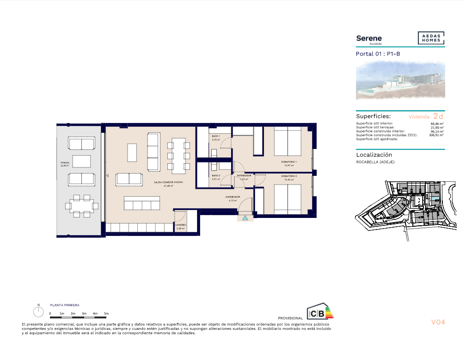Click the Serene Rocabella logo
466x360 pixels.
click(369, 39)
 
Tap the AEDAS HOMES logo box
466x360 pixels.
click(431, 38)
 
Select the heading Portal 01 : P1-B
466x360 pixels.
click(378, 54)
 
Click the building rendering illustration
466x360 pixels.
click(400, 81)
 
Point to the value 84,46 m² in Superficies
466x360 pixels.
click(436, 124)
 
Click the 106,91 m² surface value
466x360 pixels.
click(436, 135)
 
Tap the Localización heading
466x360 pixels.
click(374, 155)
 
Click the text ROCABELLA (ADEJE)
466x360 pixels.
click(375, 162)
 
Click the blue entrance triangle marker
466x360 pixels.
click(245, 216)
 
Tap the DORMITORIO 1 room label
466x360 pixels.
click(288, 162)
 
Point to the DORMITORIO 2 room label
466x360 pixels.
click(288, 176)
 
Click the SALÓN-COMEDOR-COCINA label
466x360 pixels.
click(168, 183)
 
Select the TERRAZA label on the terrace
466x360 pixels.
click(64, 163)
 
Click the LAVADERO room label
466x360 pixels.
click(181, 225)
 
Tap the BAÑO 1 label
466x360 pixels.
click(216, 137)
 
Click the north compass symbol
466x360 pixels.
click(39, 311)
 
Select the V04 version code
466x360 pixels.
click(437, 322)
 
